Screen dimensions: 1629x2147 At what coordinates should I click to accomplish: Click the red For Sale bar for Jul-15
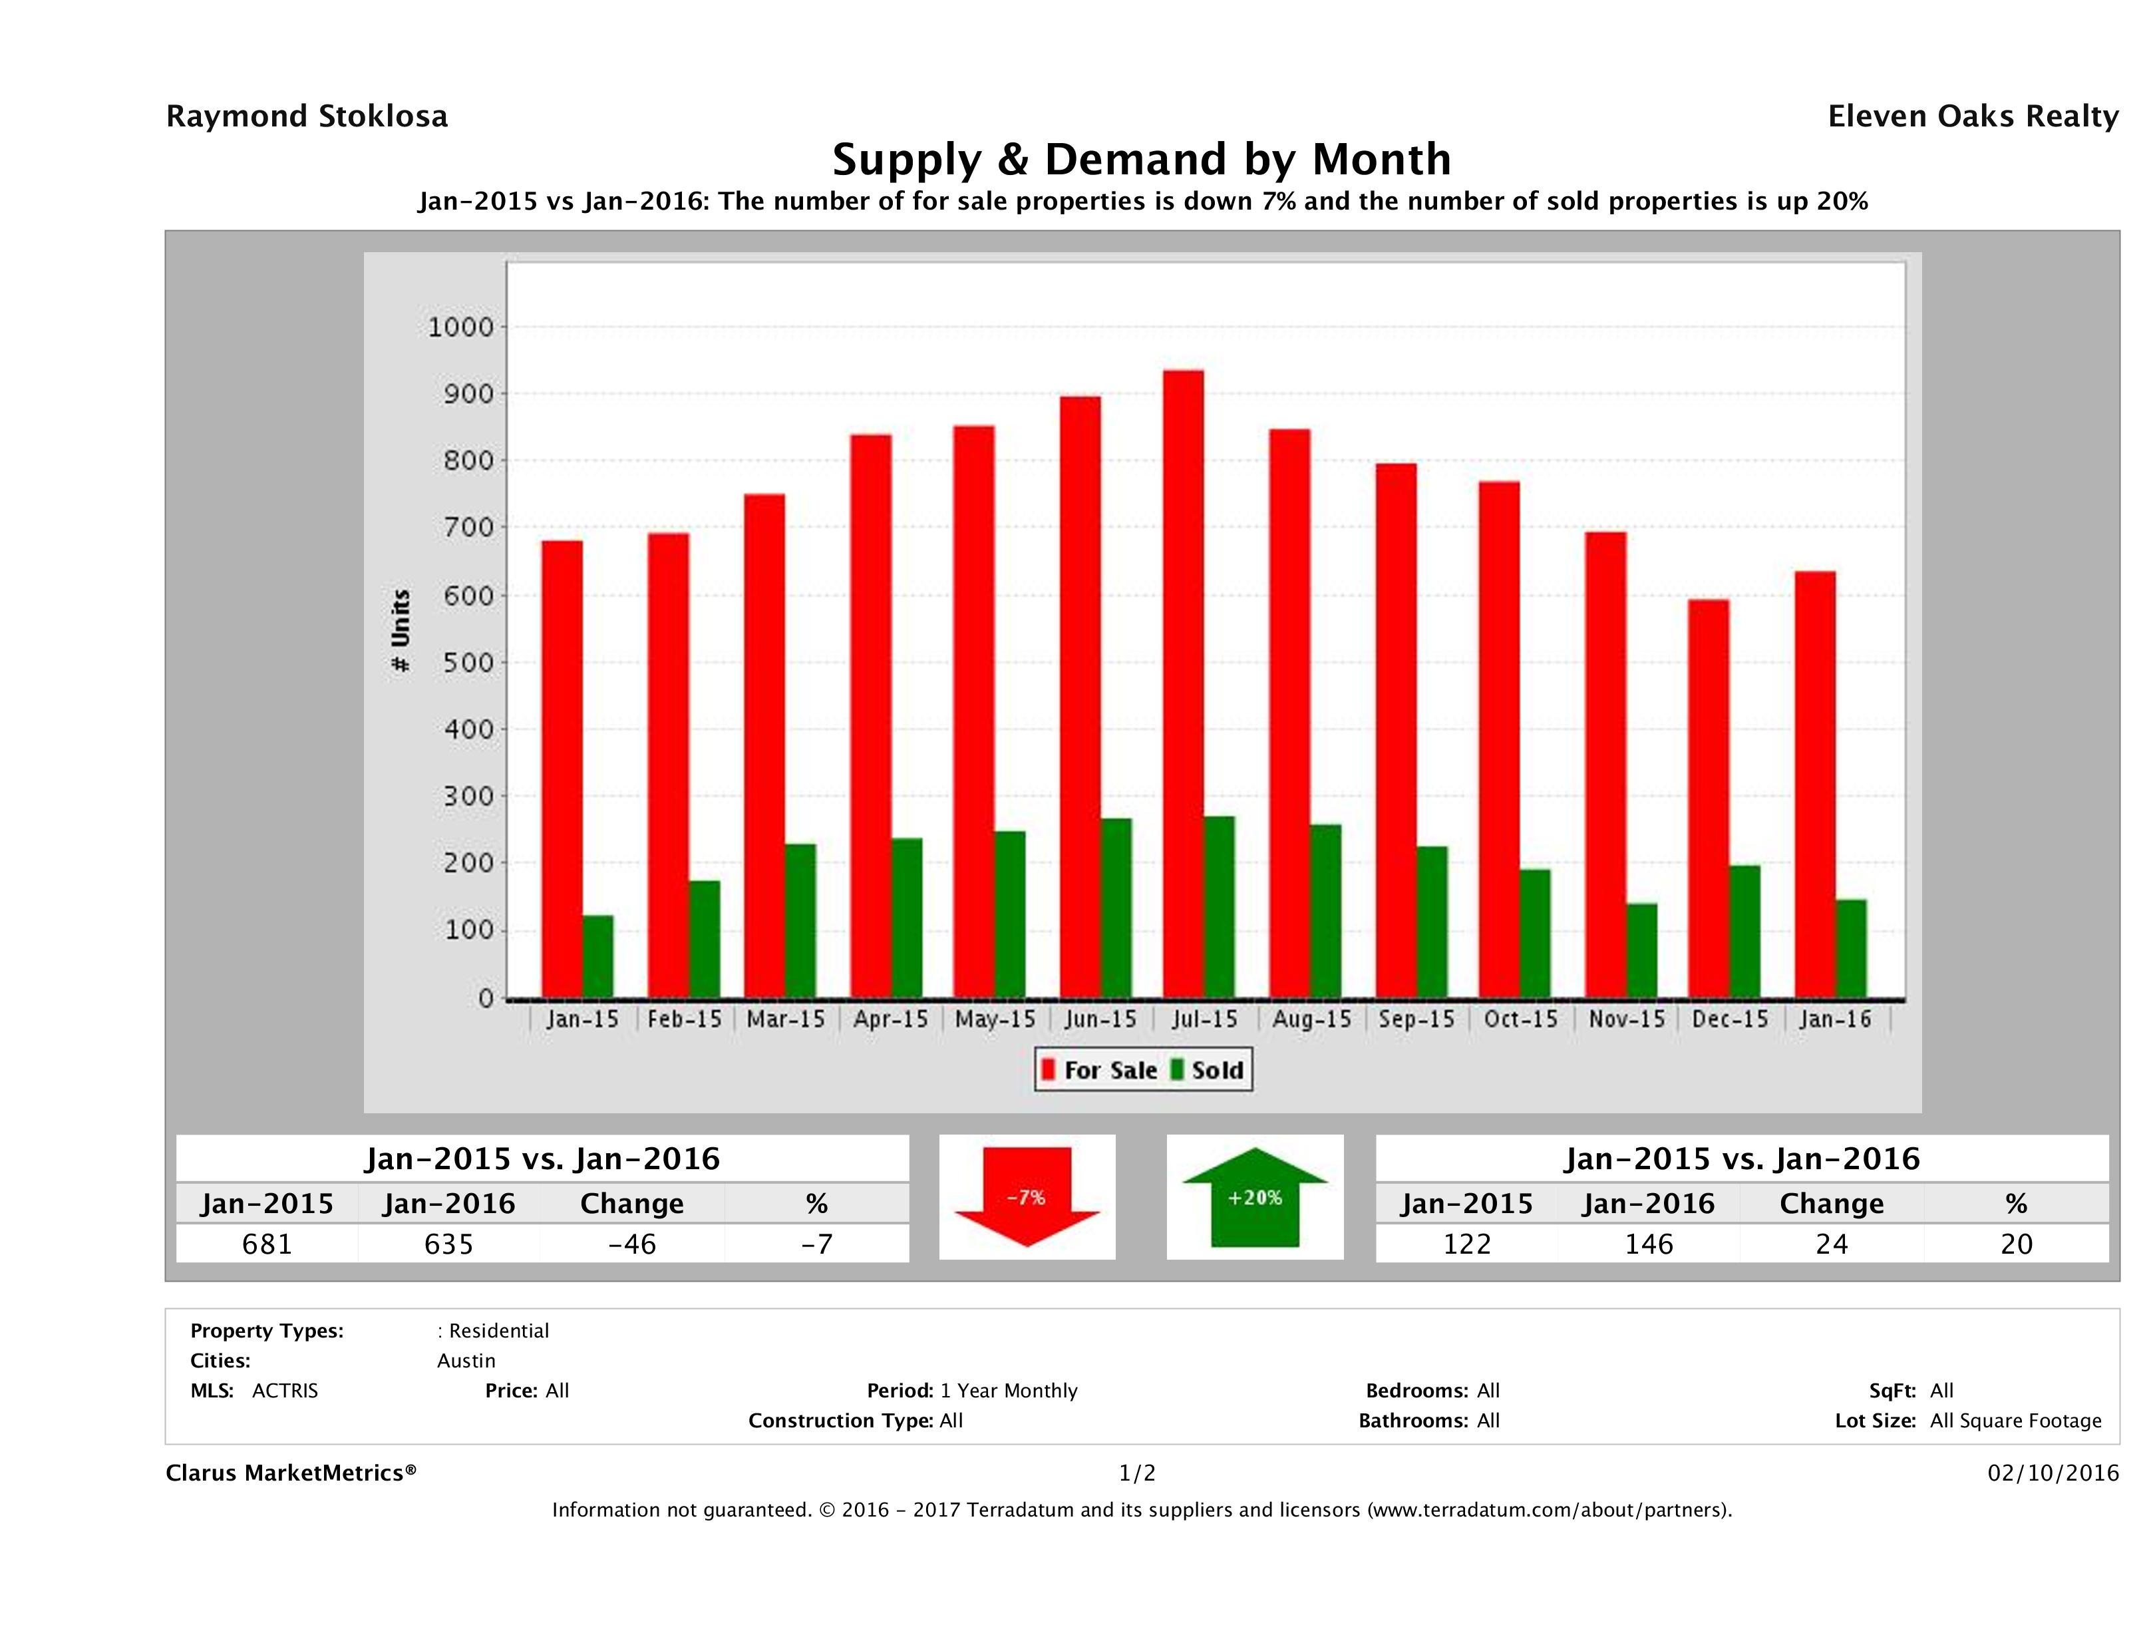pyautogui.click(x=1182, y=685)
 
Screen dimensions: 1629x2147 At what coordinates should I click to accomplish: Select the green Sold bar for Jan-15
pyautogui.click(x=598, y=956)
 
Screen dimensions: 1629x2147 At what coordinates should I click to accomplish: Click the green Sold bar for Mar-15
pyautogui.click(x=801, y=920)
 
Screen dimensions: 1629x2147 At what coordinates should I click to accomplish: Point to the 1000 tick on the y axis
pyautogui.click(x=461, y=327)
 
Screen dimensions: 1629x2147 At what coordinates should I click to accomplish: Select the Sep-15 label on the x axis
pyautogui.click(x=1416, y=1019)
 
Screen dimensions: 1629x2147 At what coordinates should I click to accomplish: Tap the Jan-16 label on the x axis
pyautogui.click(x=1834, y=1019)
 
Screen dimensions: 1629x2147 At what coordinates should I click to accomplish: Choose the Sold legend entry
pyautogui.click(x=1208, y=1070)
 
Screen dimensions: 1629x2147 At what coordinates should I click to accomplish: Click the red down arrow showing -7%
pyautogui.click(x=1027, y=1197)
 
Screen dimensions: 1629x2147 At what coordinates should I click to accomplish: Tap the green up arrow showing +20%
pyautogui.click(x=1254, y=1197)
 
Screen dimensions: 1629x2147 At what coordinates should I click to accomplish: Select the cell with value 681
pyautogui.click(x=267, y=1244)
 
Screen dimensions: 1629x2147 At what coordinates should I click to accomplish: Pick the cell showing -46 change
pyautogui.click(x=632, y=1244)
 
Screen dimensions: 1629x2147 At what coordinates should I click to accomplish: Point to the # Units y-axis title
pyautogui.click(x=400, y=631)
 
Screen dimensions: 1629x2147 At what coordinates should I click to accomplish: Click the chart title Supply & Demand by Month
pyautogui.click(x=1142, y=159)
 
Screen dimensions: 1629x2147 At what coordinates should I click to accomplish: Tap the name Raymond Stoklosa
pyautogui.click(x=307, y=116)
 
